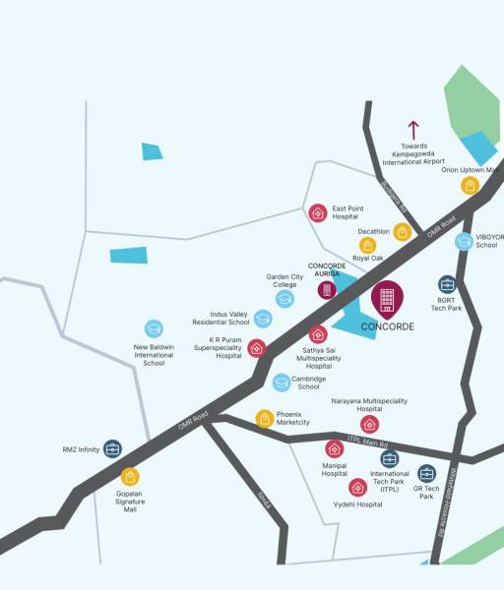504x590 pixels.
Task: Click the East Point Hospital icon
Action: [x=318, y=212]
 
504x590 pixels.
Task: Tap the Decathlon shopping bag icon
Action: [x=402, y=232]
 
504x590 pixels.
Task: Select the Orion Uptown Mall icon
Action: [x=471, y=185]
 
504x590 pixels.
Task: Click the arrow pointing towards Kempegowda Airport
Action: [x=413, y=130]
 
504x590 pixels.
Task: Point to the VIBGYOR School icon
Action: [x=464, y=241]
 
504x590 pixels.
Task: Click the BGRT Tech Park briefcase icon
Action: [x=448, y=284]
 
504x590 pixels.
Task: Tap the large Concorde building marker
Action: [x=387, y=299]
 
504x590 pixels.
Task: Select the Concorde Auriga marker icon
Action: [x=327, y=289]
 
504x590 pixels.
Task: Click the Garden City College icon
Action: [x=284, y=298]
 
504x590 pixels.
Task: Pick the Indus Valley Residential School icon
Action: [x=263, y=318]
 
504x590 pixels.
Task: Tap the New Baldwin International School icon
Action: [x=154, y=328]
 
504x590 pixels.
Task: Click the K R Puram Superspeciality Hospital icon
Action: [x=257, y=347]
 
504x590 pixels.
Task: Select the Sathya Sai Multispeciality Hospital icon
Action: [x=318, y=334]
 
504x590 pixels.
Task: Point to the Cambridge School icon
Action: [x=282, y=383]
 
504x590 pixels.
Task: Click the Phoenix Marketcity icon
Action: [x=264, y=418]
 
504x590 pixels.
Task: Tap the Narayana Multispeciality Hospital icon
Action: [x=369, y=424]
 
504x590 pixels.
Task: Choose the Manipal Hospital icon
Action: [x=335, y=449]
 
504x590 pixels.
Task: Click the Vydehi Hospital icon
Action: [x=356, y=487]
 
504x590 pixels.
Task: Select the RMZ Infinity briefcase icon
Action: [x=112, y=449]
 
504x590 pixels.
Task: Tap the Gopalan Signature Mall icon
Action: [x=130, y=476]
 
